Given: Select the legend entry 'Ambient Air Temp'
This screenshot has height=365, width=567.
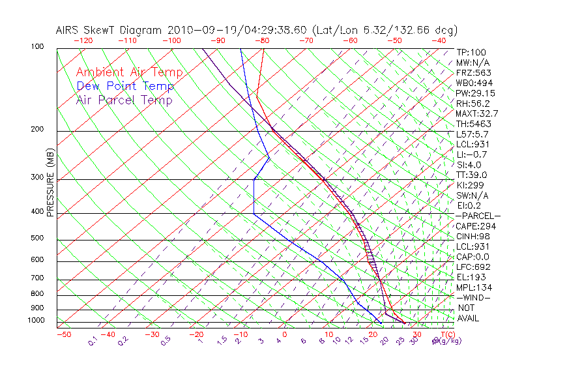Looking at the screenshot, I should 129,72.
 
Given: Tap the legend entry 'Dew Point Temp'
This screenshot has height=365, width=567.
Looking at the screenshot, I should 124,86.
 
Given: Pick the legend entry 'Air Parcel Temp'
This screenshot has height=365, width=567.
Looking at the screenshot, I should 124,100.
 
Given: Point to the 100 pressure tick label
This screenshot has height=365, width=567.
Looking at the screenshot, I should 36,47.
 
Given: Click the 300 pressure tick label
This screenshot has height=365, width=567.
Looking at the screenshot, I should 36,177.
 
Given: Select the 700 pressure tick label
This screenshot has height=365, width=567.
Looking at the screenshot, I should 36,278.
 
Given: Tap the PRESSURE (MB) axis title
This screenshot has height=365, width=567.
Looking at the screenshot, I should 50,182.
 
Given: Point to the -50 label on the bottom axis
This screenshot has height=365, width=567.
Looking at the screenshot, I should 63,334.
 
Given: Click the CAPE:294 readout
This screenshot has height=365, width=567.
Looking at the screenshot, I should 475,226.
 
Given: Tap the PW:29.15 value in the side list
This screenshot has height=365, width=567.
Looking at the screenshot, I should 475,93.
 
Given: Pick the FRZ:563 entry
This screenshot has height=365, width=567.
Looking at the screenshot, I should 473,72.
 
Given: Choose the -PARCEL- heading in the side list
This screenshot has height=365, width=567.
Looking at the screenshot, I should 478,216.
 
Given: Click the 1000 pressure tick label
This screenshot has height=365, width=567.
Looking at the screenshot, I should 35,321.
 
